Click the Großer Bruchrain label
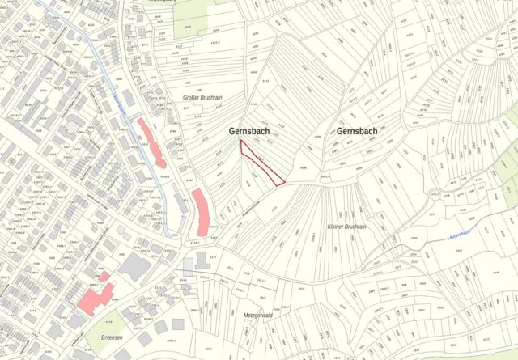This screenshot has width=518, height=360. (x=202, y=97)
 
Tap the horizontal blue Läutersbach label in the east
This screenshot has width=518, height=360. (x=465, y=236)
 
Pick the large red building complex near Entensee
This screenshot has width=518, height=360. (x=95, y=296)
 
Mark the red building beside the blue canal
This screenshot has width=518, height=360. (x=152, y=142)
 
